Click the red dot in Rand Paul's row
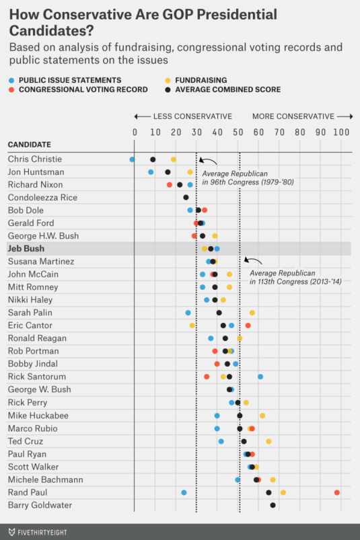pyautogui.click(x=336, y=492)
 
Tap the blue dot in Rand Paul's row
pyautogui.click(x=184, y=492)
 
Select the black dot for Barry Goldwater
pyautogui.click(x=273, y=505)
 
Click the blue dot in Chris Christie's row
pyautogui.click(x=132, y=159)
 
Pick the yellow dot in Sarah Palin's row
pyautogui.click(x=252, y=313)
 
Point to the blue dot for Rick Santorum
pyautogui.click(x=260, y=377)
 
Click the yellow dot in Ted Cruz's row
pyautogui.click(x=268, y=441)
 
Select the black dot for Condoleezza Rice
pyautogui.click(x=186, y=198)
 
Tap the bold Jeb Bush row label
pyautogui.click(x=26, y=249)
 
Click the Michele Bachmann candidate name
pyautogui.click(x=46, y=479)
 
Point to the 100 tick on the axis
pyautogui.click(x=340, y=132)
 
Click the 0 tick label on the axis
pyautogui.click(x=135, y=132)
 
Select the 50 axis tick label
pyautogui.click(x=238, y=132)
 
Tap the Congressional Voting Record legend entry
pyautogui.click(x=82, y=89)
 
